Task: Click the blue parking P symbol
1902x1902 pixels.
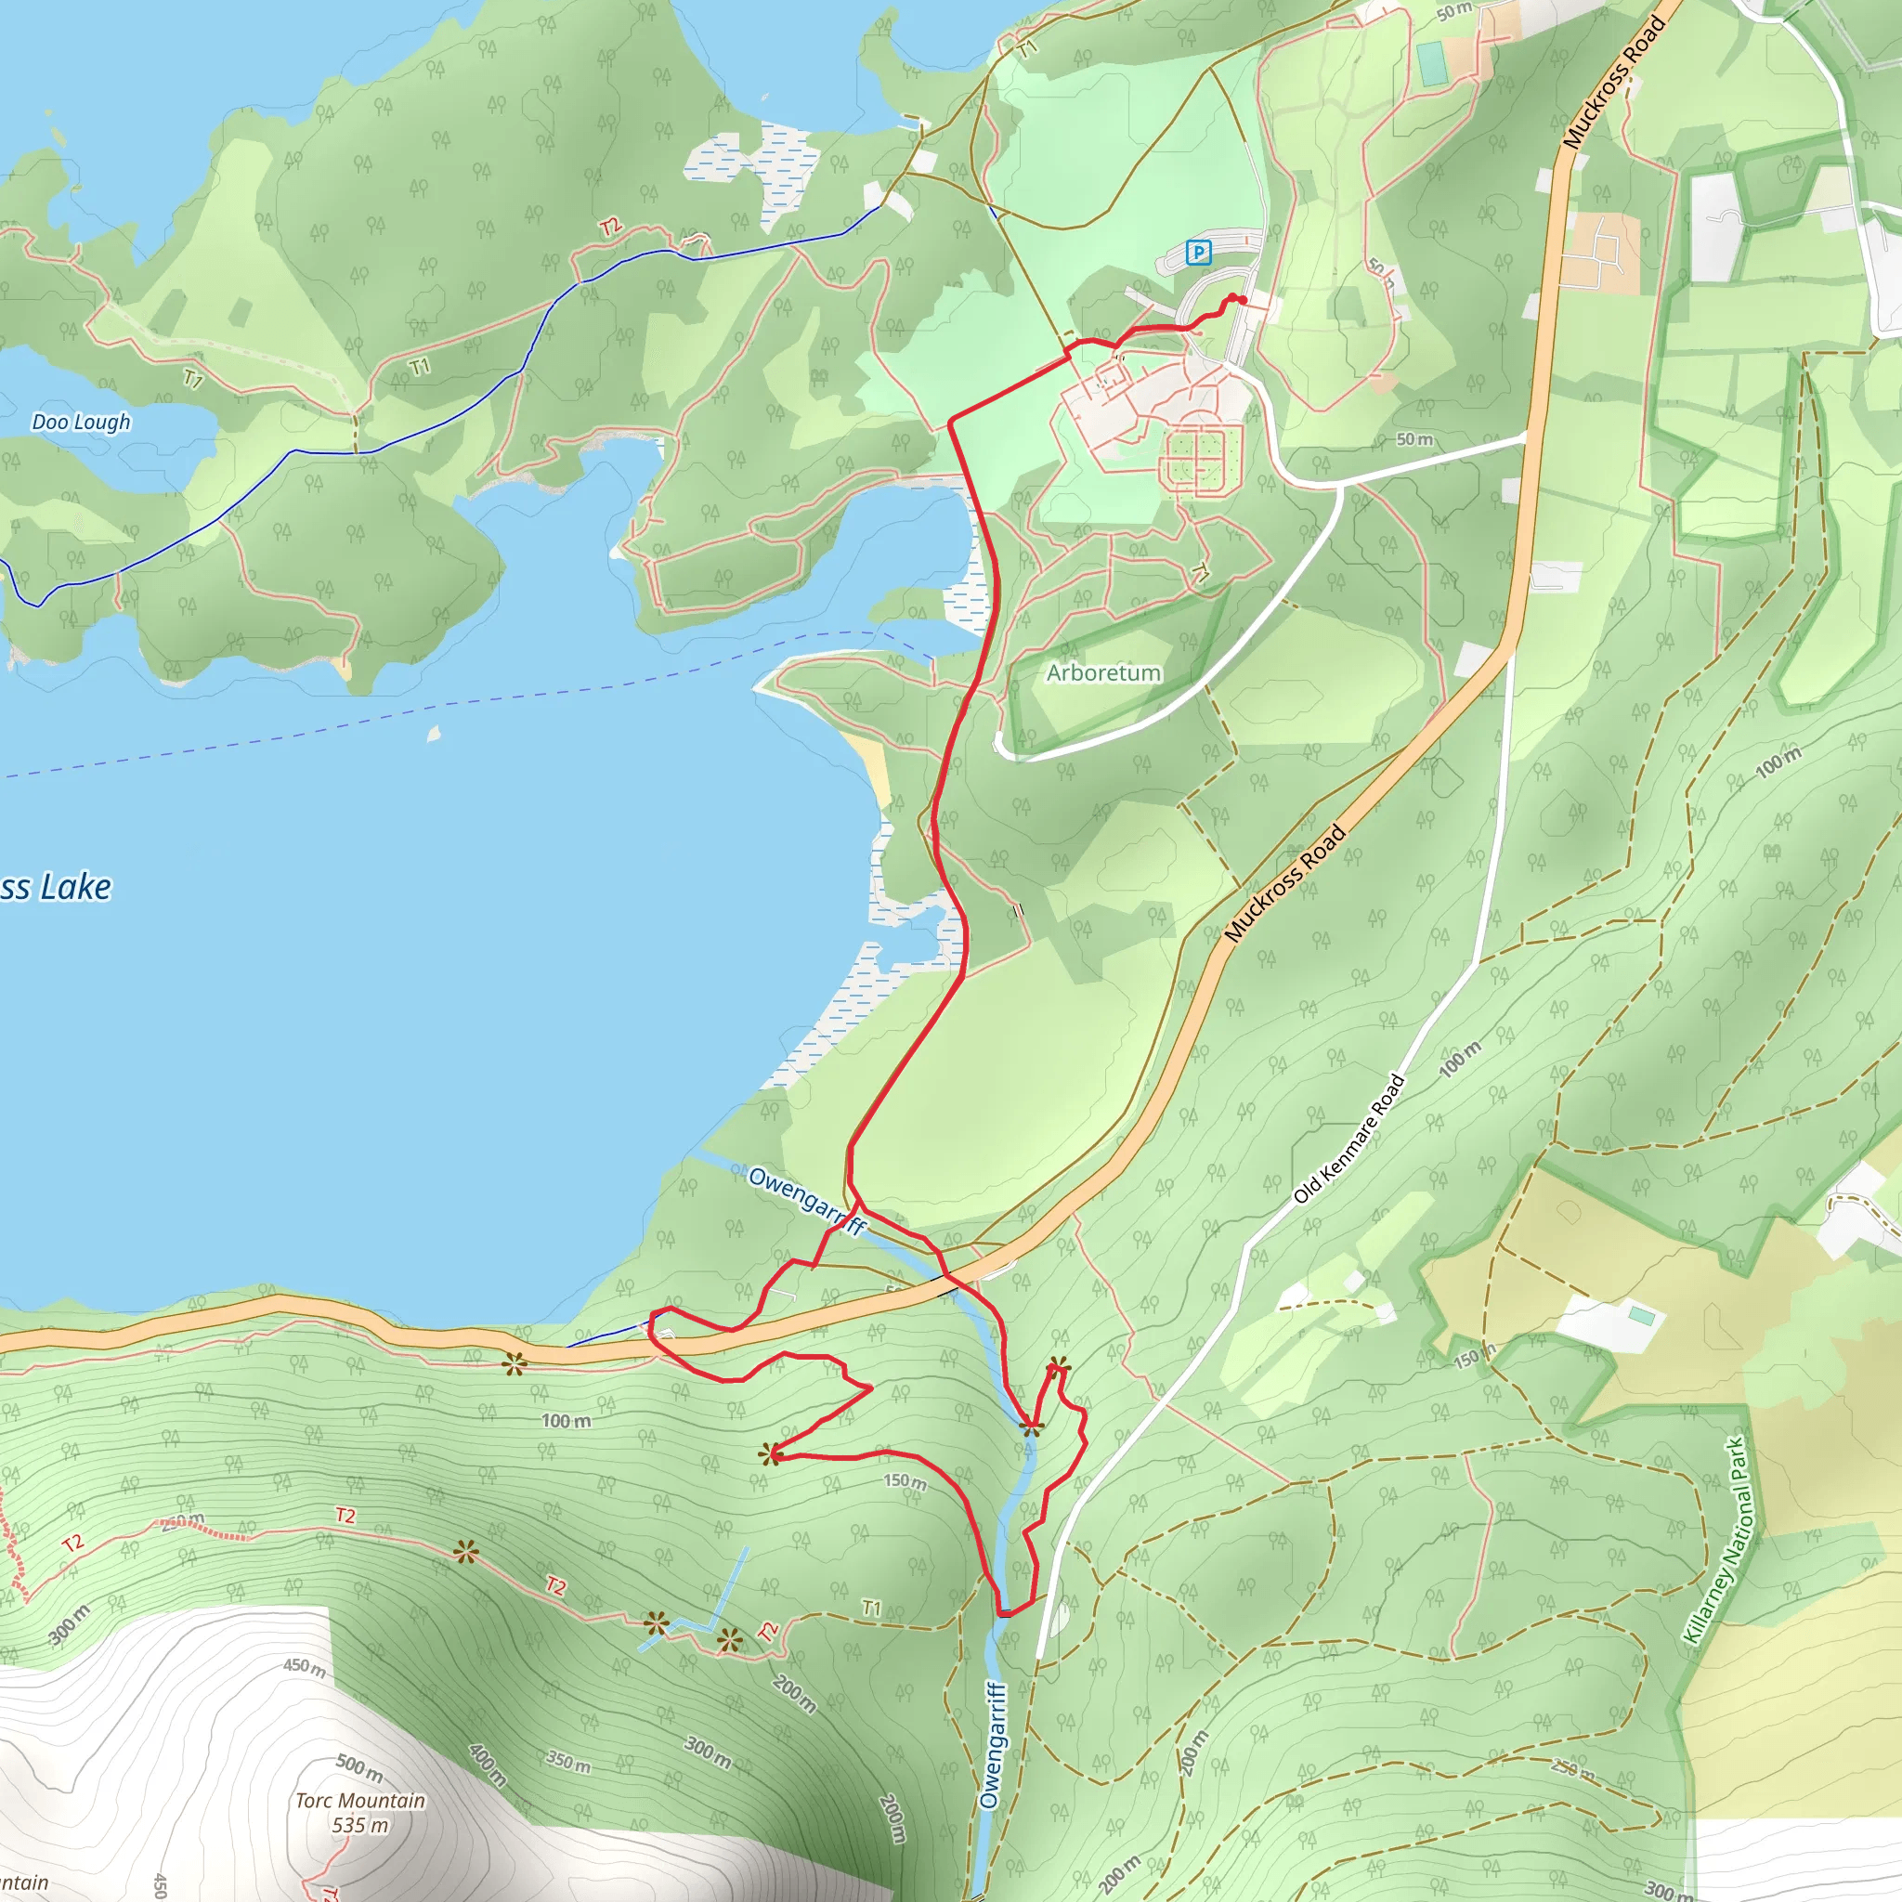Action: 1198,253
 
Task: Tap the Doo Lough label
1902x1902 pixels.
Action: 81,423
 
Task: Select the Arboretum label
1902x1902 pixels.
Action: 1103,673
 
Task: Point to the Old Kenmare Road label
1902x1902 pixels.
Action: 1348,1139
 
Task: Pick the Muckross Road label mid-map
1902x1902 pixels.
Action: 1284,883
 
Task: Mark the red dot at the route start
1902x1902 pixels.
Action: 1243,300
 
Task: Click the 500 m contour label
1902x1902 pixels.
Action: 359,1767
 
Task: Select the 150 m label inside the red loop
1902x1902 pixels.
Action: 905,1480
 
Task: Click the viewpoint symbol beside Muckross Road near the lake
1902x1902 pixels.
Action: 514,1363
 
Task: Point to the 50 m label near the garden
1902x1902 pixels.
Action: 1414,439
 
